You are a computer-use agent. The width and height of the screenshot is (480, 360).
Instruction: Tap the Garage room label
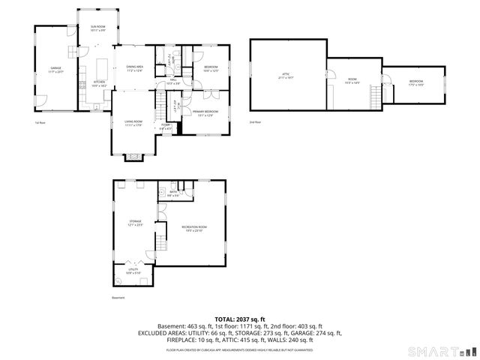tap(55, 70)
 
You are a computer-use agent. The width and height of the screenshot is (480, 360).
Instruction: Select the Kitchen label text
tap(99, 83)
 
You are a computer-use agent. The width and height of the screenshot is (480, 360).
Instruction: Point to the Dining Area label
tap(134, 70)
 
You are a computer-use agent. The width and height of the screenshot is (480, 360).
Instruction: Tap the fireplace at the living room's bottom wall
tap(132, 156)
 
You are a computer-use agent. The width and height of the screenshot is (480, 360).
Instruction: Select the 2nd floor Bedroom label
tap(416, 82)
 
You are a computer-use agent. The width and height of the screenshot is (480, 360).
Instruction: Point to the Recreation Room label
tap(193, 228)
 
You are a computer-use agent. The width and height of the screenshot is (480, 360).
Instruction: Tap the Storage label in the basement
tap(135, 223)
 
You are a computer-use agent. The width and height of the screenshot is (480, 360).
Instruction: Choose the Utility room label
tap(133, 271)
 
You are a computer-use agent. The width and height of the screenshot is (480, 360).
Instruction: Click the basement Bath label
tap(172, 194)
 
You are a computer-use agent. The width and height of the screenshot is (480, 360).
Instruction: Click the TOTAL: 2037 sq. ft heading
tap(240, 319)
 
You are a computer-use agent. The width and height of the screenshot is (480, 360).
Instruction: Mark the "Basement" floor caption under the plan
tap(118, 297)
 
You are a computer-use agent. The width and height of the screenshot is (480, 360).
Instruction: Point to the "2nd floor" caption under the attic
tap(256, 121)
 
